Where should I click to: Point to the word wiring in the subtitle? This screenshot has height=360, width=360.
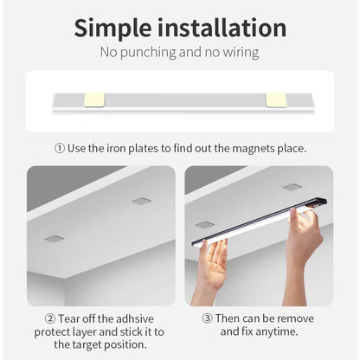tap(238, 53)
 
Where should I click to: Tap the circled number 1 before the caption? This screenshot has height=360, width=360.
tap(60, 148)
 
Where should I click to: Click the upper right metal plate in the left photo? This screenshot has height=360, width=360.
tap(141, 201)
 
